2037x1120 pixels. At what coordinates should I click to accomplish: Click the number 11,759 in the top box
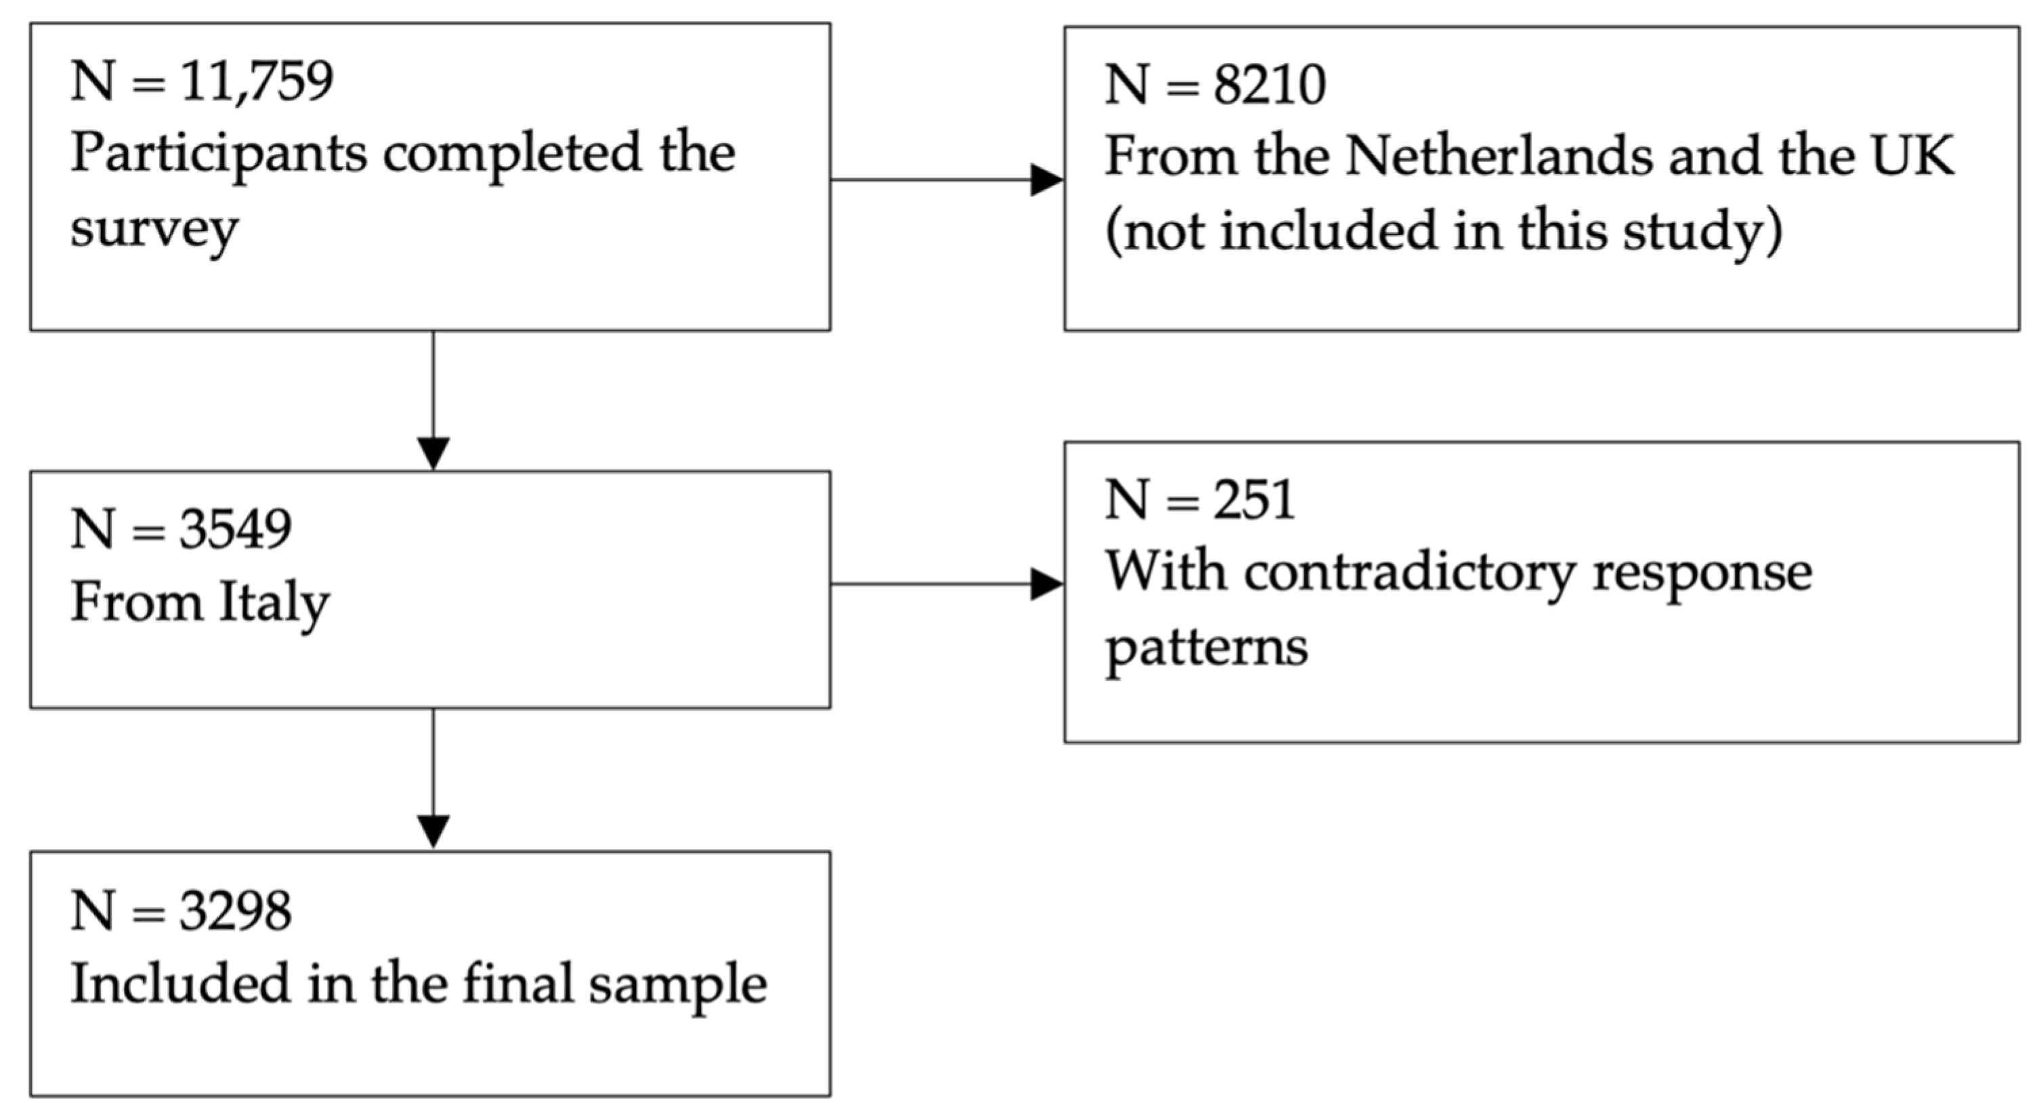click(257, 81)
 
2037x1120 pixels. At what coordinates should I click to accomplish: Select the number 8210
click(1269, 85)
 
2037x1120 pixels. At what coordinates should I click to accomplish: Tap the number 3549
click(235, 529)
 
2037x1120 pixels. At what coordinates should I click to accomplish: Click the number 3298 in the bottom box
click(235, 911)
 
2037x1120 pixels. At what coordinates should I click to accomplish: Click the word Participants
click(218, 154)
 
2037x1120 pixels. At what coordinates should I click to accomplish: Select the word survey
click(154, 230)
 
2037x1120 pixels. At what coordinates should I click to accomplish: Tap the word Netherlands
click(1499, 156)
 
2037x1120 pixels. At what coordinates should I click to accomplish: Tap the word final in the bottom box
click(517, 984)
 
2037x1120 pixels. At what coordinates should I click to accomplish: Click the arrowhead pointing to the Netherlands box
click(1046, 180)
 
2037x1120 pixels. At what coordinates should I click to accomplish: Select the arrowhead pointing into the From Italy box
click(433, 453)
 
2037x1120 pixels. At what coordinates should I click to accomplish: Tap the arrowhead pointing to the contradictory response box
click(1046, 585)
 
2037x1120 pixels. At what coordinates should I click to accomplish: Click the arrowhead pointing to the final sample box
click(433, 831)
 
